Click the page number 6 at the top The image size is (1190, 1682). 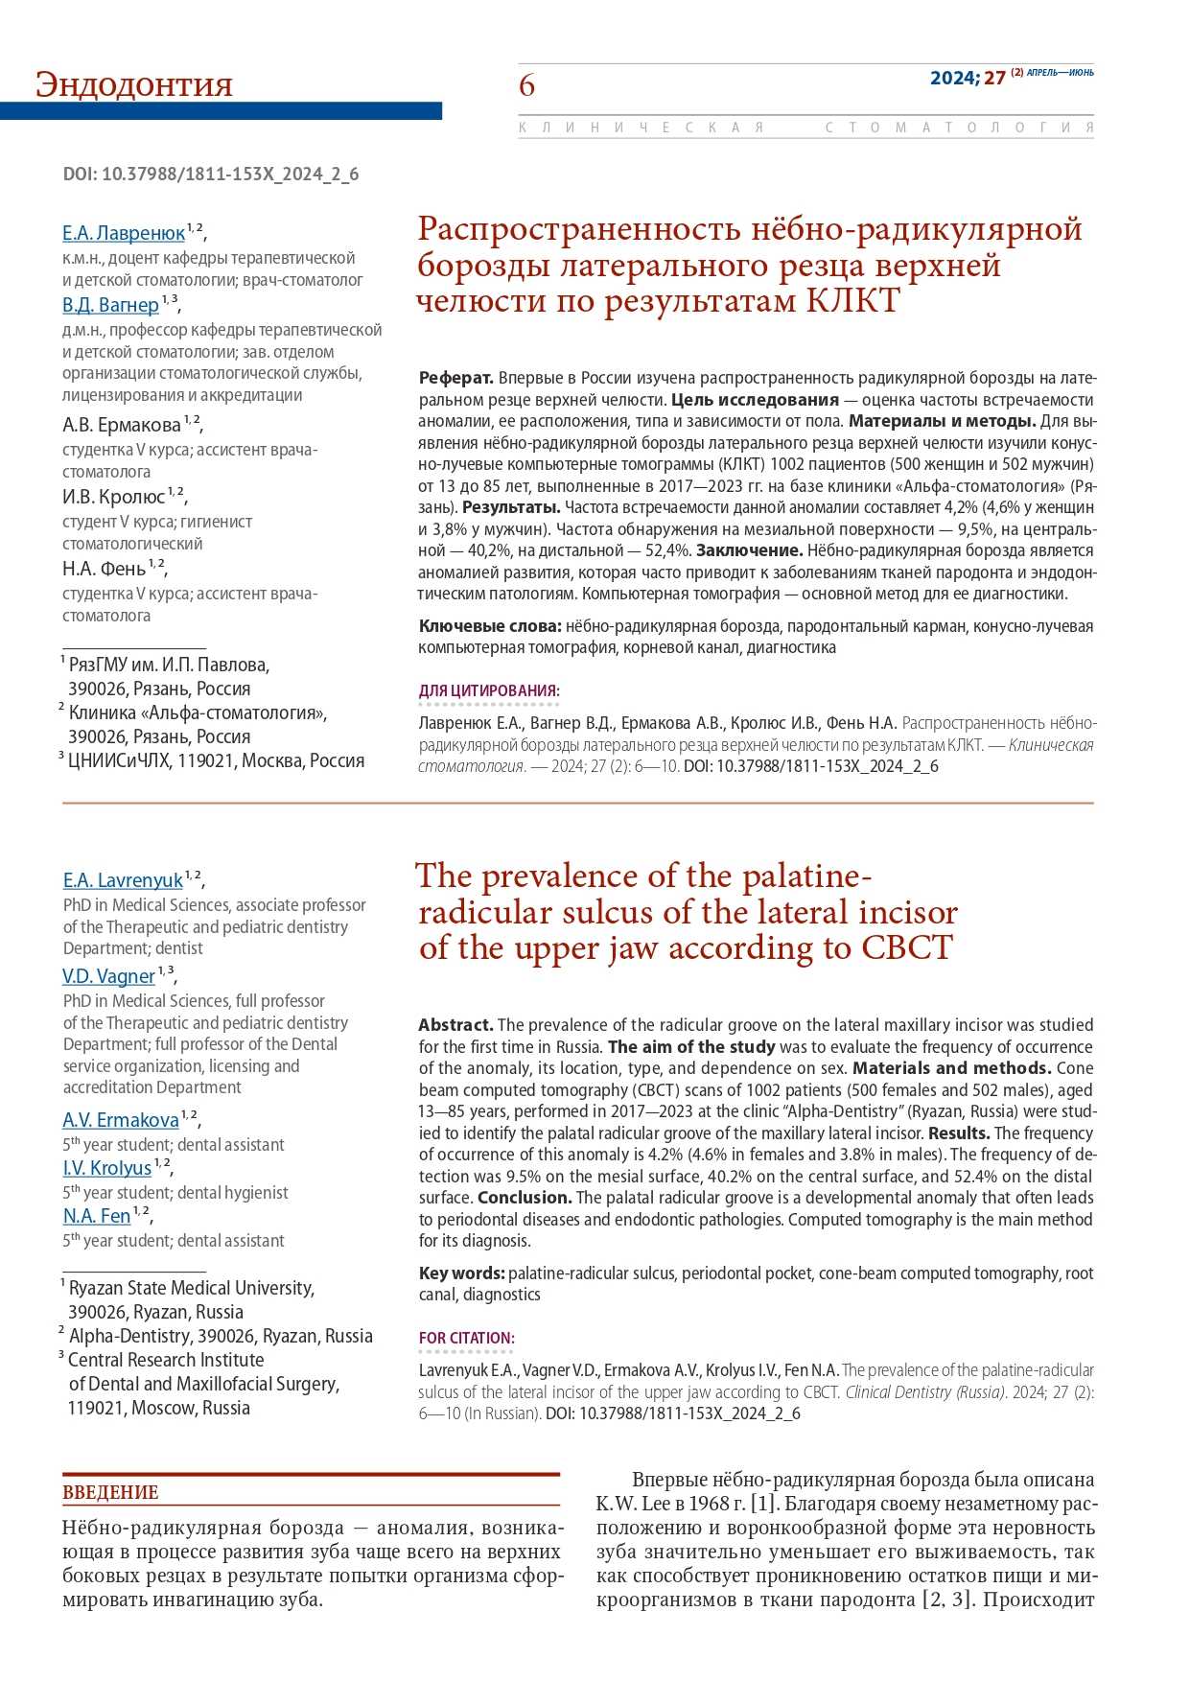tap(526, 85)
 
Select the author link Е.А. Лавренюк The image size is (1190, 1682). tap(124, 233)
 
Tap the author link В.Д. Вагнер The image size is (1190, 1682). tap(110, 305)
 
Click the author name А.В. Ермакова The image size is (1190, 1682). tap(121, 425)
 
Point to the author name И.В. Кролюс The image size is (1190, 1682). tap(113, 497)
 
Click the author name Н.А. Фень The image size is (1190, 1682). tap(104, 569)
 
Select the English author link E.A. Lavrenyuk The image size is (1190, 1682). tap(123, 880)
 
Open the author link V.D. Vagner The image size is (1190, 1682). tap(108, 976)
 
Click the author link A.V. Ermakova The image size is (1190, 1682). tap(121, 1120)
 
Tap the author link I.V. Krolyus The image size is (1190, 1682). tap(107, 1168)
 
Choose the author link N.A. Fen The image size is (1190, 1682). tap(97, 1216)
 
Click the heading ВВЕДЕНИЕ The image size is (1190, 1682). tap(110, 1492)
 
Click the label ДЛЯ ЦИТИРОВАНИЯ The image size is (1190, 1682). tap(489, 690)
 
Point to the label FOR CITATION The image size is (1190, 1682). tap(466, 1338)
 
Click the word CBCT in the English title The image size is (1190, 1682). tap(906, 947)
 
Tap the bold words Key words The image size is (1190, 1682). tap(461, 1273)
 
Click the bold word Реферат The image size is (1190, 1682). tap(455, 378)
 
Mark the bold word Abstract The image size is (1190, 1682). tap(455, 1024)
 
